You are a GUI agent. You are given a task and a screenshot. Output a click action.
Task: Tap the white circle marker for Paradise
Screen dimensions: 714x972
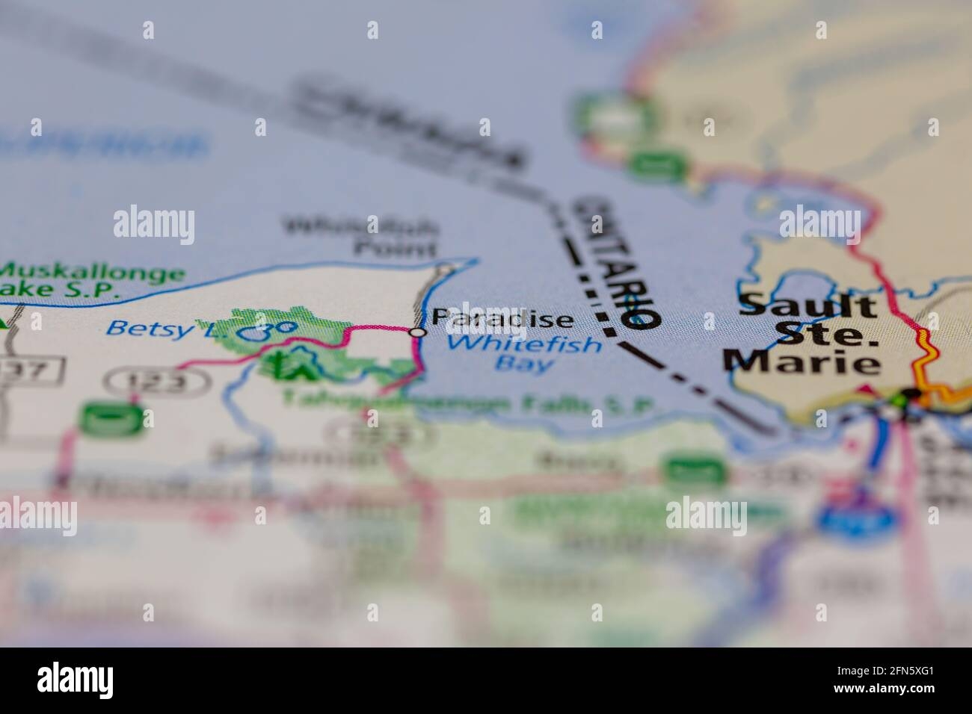coord(419,332)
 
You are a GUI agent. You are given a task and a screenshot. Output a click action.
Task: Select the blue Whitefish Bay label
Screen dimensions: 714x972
coord(526,354)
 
